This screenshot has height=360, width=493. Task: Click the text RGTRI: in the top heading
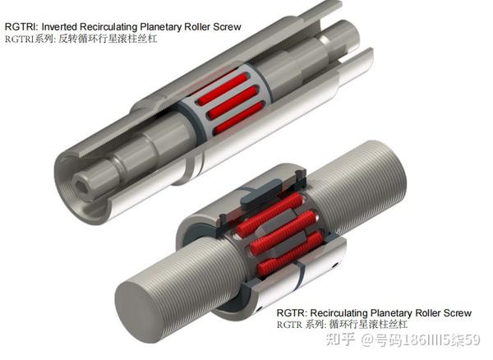[21, 27]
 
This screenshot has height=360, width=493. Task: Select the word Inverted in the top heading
[59, 27]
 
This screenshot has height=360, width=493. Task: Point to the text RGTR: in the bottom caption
[292, 313]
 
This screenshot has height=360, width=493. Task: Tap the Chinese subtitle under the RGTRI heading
[81, 39]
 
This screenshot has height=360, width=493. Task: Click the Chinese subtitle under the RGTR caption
[342, 325]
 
